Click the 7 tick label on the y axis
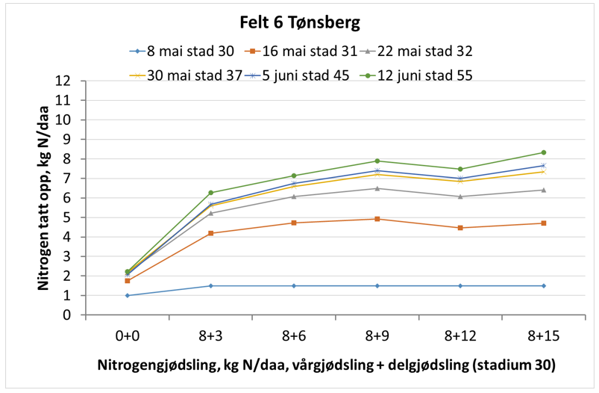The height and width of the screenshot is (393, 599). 69,179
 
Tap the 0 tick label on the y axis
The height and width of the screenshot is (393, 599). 69,315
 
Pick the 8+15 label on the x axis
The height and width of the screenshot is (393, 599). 543,336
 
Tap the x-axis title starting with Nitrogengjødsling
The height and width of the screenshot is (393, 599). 327,367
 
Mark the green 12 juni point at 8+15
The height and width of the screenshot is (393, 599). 543,152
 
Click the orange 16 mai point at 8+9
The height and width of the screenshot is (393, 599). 377,219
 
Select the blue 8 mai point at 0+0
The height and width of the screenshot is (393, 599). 128,295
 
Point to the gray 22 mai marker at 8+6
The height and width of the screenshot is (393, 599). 294,196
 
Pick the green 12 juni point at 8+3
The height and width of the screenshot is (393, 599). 211,193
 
